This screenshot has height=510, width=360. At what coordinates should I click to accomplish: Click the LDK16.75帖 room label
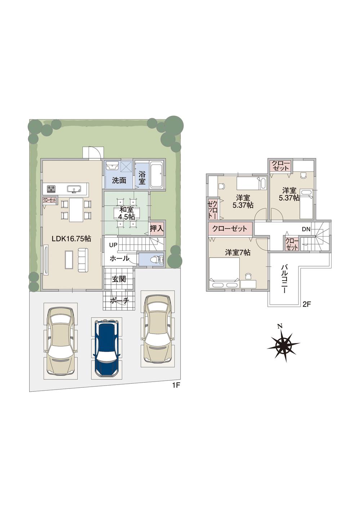click(71, 238)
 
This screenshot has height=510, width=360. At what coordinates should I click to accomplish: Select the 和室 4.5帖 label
click(126, 213)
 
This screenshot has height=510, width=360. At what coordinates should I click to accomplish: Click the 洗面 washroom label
click(119, 180)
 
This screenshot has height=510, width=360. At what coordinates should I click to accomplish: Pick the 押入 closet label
click(157, 228)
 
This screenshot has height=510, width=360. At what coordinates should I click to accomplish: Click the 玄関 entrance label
click(119, 279)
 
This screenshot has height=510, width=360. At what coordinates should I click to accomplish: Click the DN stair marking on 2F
click(306, 229)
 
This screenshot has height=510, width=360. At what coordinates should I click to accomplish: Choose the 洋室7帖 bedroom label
click(238, 252)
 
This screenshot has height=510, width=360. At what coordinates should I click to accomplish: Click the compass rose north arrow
click(284, 344)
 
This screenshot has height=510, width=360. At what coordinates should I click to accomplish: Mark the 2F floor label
click(307, 304)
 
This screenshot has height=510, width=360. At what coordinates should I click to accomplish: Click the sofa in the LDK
click(83, 260)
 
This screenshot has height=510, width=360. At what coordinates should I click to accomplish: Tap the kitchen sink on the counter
click(74, 189)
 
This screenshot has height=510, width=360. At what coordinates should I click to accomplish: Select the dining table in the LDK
click(76, 210)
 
